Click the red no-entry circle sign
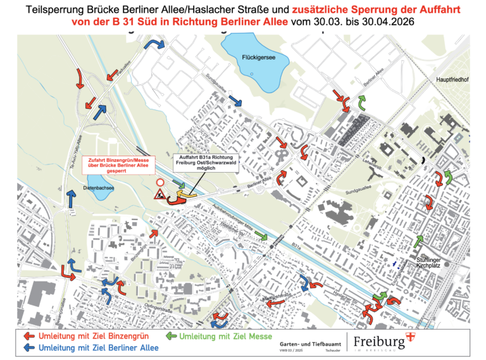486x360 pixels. point(160,183)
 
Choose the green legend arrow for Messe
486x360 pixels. point(171,336)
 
